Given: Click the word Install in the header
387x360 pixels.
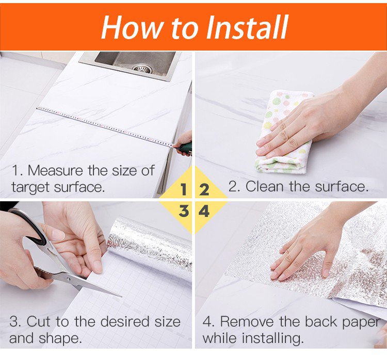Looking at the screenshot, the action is click(x=247, y=27).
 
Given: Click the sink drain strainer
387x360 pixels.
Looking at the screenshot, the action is click(x=142, y=69).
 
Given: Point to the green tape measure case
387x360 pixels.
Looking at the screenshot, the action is click(x=185, y=149).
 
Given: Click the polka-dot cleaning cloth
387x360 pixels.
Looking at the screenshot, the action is click(x=284, y=131).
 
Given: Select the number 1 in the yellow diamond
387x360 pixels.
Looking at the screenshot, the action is click(x=183, y=190).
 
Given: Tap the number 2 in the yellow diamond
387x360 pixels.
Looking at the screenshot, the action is click(x=204, y=190).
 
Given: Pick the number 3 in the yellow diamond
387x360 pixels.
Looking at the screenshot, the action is click(x=184, y=211).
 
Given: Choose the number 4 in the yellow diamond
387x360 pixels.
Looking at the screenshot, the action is click(x=204, y=211).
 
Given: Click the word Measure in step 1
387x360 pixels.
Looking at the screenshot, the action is click(x=55, y=170).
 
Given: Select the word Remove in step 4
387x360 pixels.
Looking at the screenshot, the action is click(x=247, y=321).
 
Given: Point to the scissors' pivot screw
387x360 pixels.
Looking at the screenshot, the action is click(x=68, y=279).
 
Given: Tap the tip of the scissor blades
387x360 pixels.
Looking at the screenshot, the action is click(x=121, y=297).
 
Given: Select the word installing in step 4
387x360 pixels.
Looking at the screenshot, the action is click(x=272, y=338).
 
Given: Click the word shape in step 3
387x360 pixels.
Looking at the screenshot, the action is click(x=60, y=338).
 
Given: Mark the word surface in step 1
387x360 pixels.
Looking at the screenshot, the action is click(x=78, y=187).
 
